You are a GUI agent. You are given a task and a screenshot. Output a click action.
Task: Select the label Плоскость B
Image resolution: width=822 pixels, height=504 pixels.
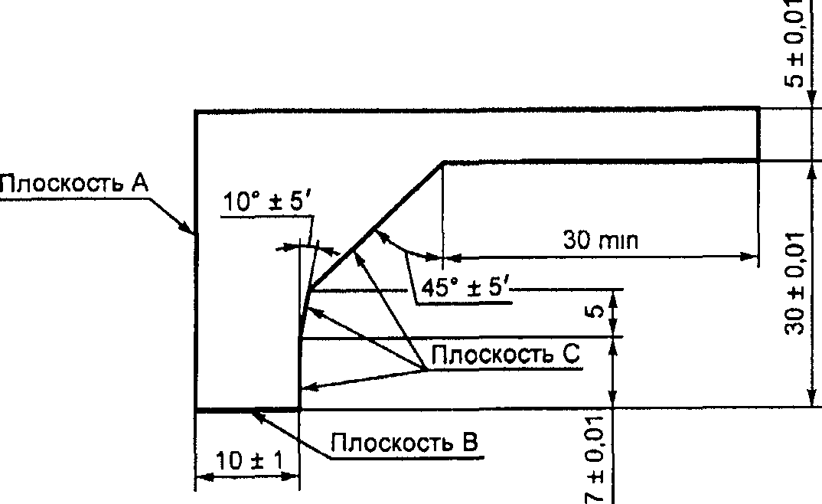click(x=405, y=443)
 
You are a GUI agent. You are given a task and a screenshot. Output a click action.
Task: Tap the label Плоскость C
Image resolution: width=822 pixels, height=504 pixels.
click(x=506, y=355)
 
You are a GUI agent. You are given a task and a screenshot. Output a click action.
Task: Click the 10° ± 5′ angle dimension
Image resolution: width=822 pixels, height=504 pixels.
click(x=267, y=202)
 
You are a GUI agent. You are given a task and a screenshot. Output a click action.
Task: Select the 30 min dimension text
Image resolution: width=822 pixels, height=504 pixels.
click(x=601, y=241)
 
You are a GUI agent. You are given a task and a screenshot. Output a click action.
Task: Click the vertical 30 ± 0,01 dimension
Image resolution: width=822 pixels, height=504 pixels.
click(x=798, y=283)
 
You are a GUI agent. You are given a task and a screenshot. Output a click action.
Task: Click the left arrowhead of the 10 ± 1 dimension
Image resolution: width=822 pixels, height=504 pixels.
click(x=201, y=478)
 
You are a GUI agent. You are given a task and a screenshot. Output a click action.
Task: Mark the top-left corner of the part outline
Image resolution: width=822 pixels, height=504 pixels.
click(x=197, y=112)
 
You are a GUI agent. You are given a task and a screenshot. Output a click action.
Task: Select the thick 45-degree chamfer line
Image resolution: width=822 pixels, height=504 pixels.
click(x=375, y=226)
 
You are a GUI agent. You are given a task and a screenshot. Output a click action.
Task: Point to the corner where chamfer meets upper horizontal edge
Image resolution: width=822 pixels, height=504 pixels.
click(x=443, y=162)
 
